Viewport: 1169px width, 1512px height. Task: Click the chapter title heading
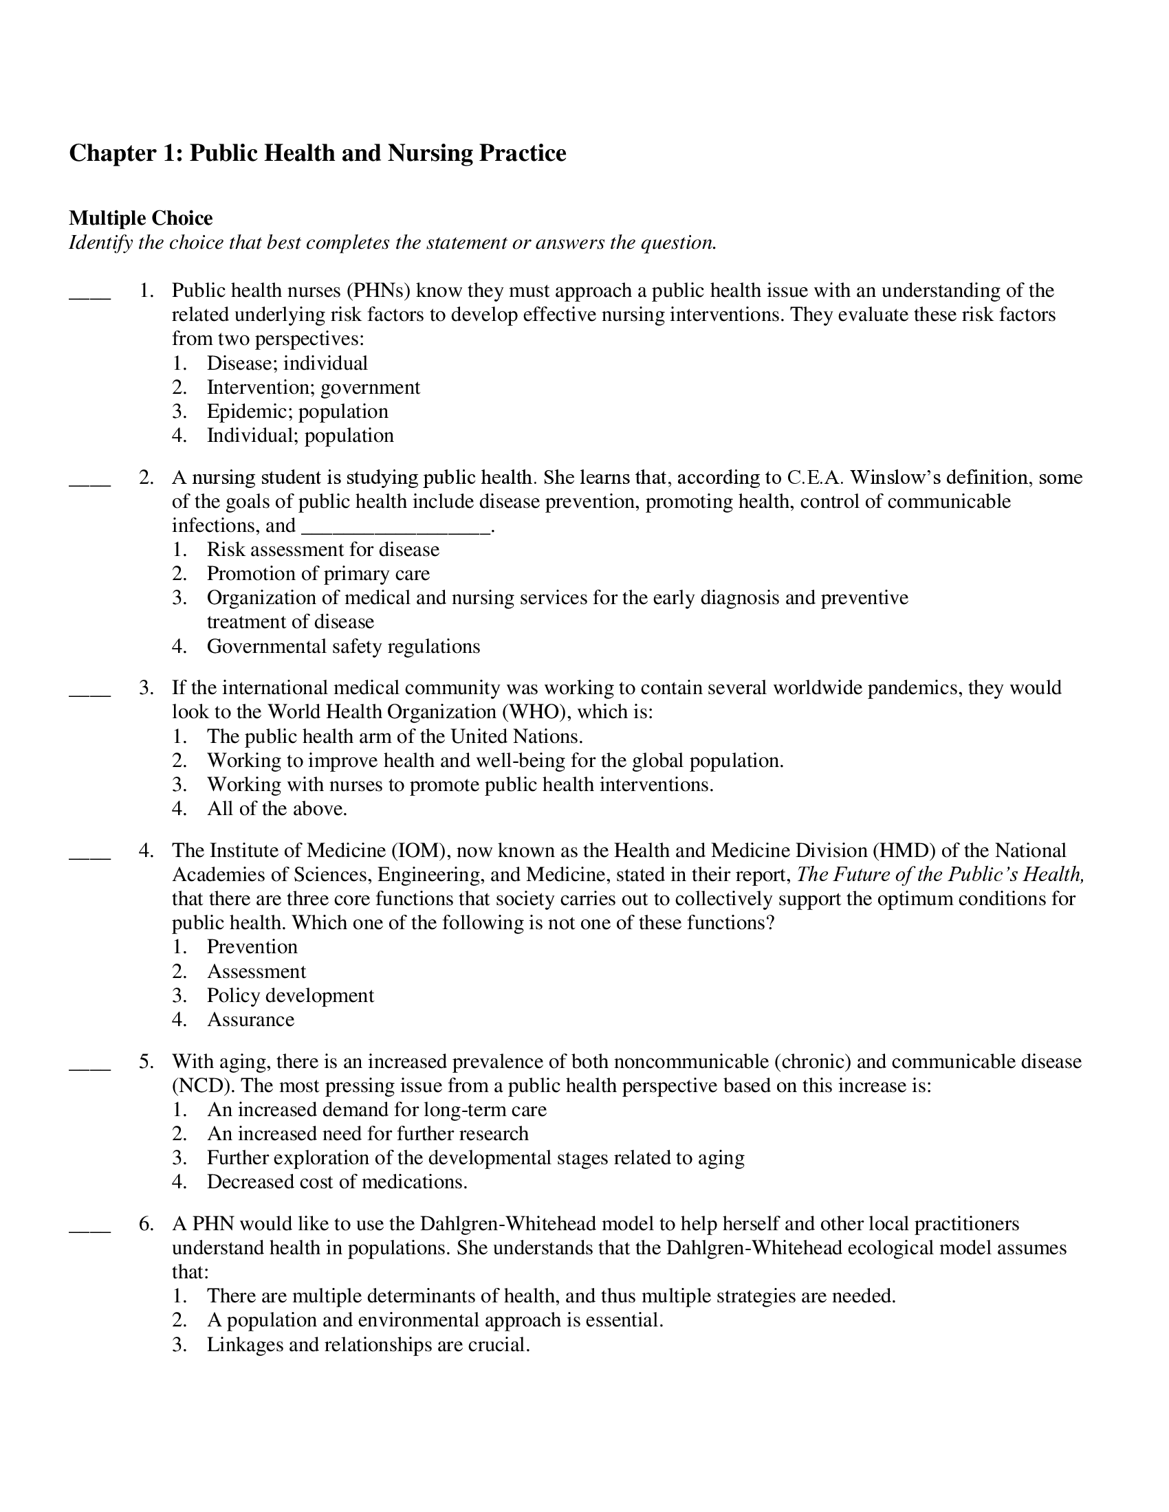click(x=317, y=153)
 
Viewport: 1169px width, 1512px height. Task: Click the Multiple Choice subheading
click(x=140, y=218)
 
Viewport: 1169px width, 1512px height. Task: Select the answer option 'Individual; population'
click(x=300, y=436)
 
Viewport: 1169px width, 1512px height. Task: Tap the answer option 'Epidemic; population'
click(x=297, y=411)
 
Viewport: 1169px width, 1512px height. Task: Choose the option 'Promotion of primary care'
click(x=318, y=573)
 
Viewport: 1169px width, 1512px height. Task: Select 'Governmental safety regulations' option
click(x=343, y=646)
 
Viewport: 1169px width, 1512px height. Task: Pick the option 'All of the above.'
click(x=277, y=809)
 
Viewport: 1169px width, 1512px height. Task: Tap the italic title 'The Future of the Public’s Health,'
click(x=940, y=874)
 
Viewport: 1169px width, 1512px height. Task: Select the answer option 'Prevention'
click(x=252, y=946)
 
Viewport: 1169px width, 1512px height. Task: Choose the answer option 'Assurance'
click(x=250, y=1019)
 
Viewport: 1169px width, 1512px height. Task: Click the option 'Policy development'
click(x=290, y=995)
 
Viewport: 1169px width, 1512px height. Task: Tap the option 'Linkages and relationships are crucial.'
click(x=368, y=1344)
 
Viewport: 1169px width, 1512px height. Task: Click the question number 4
click(x=146, y=850)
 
